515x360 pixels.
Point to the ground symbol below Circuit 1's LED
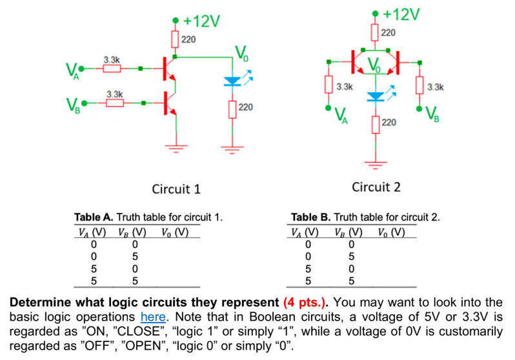point(231,149)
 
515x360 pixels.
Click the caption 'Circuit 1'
point(176,189)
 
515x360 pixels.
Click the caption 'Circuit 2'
point(376,187)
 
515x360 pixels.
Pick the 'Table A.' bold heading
point(94,217)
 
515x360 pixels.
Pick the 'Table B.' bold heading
point(311,217)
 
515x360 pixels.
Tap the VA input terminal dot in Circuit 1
point(80,67)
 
